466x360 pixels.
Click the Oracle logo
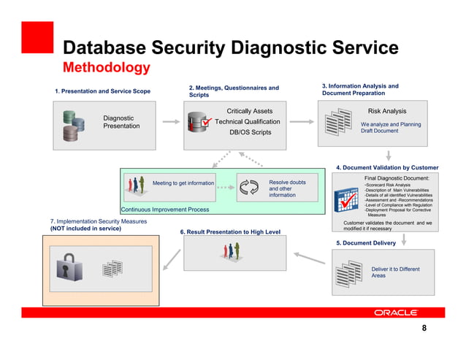tap(397, 313)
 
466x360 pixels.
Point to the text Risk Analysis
tap(387, 112)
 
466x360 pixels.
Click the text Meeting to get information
tap(183, 183)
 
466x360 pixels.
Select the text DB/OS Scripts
tap(250, 133)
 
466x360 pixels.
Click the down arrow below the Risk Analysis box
tap(389, 155)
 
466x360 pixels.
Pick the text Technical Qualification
tap(247, 122)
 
